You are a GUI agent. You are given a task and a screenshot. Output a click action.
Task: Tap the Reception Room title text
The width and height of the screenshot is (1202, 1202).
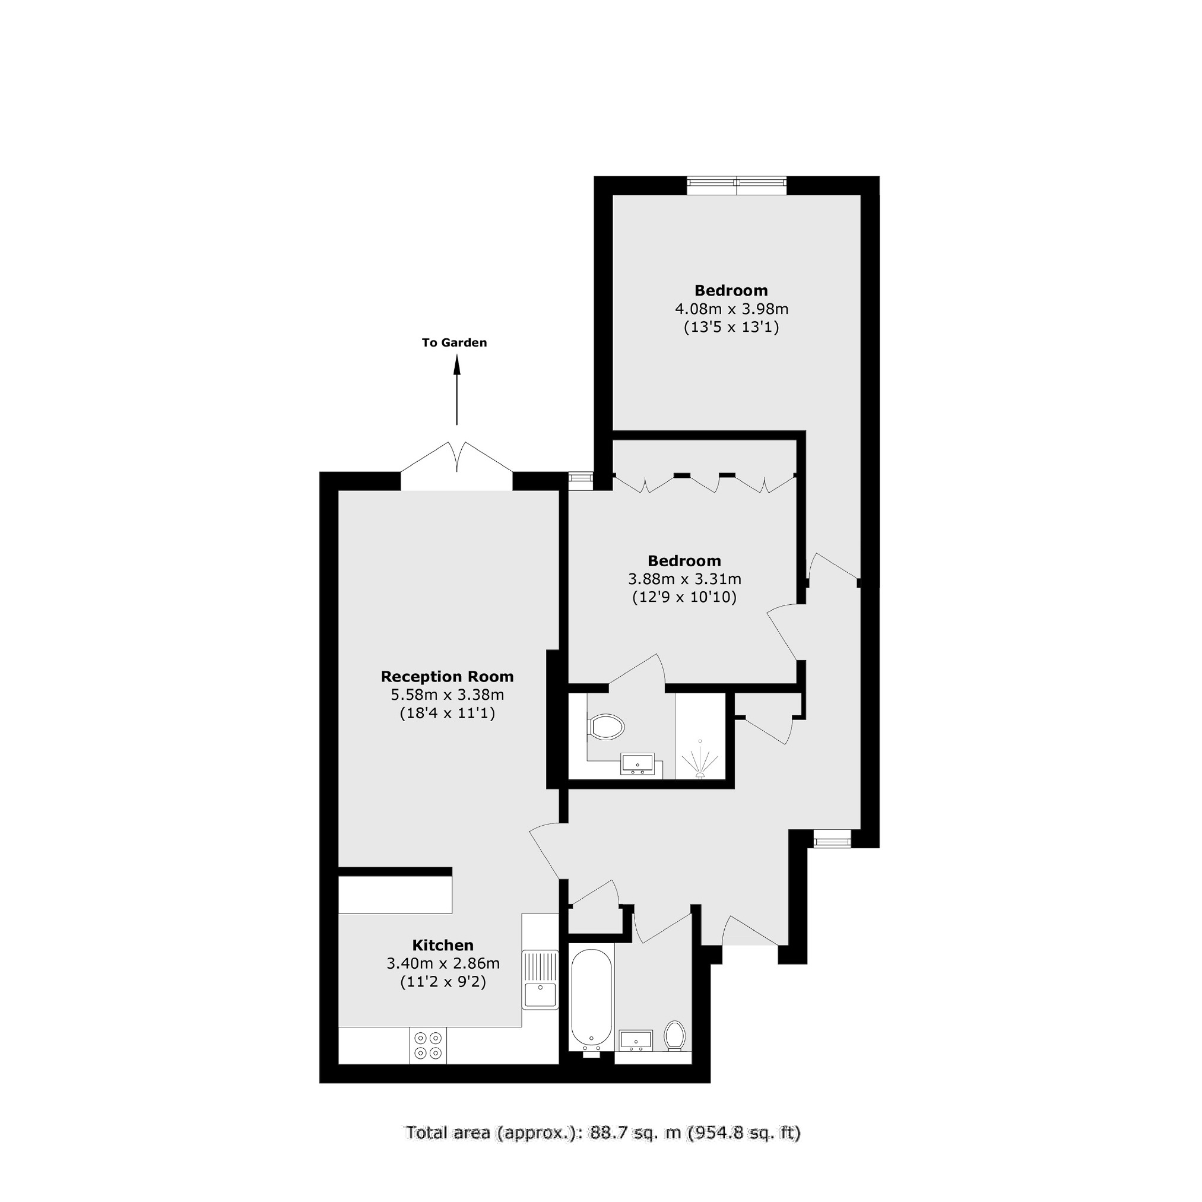447,676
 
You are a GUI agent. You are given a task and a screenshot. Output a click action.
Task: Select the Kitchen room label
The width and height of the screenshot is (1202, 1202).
443,945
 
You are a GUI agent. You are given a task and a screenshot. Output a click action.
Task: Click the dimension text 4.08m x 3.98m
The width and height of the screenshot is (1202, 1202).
732,309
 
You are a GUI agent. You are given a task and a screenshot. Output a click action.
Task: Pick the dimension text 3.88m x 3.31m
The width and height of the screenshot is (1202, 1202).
684,579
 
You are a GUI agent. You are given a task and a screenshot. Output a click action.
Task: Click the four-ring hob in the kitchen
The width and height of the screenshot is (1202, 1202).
428,1046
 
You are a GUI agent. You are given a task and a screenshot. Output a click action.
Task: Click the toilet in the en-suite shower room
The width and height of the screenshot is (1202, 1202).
606,726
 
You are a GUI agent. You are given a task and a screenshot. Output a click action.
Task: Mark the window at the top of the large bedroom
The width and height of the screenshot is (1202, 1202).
737,185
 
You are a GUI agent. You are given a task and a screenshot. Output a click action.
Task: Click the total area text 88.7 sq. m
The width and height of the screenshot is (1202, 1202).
602,1150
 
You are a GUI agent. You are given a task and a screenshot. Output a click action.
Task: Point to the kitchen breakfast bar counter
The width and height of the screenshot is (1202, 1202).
395,895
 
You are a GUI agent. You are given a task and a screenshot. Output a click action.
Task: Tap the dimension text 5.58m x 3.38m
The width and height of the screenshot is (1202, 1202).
447,694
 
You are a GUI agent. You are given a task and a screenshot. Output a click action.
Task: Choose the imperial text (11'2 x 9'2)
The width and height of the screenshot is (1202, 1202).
443,982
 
